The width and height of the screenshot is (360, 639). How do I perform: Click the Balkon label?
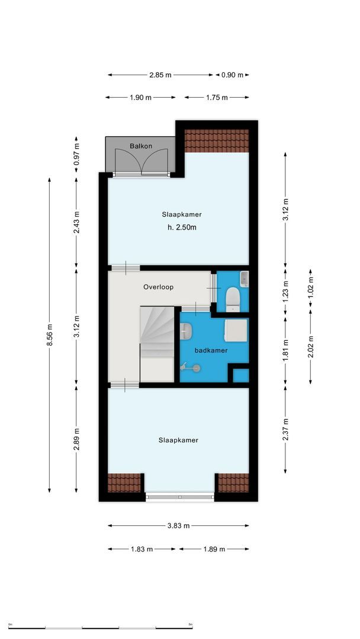(141, 146)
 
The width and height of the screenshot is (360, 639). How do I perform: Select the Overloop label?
(158, 287)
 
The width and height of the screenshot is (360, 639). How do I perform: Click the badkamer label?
(211, 350)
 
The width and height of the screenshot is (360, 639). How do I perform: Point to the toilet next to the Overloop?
(232, 298)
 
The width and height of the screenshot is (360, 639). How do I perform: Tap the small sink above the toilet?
(244, 279)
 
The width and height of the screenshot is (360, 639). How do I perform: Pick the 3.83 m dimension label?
(178, 525)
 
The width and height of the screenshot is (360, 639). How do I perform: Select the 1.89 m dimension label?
(214, 549)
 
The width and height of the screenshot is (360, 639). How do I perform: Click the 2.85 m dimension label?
(160, 75)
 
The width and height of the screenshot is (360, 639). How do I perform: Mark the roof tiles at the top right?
(216, 140)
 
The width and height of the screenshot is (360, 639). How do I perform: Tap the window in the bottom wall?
(180, 497)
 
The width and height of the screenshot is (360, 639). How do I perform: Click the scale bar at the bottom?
(100, 627)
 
